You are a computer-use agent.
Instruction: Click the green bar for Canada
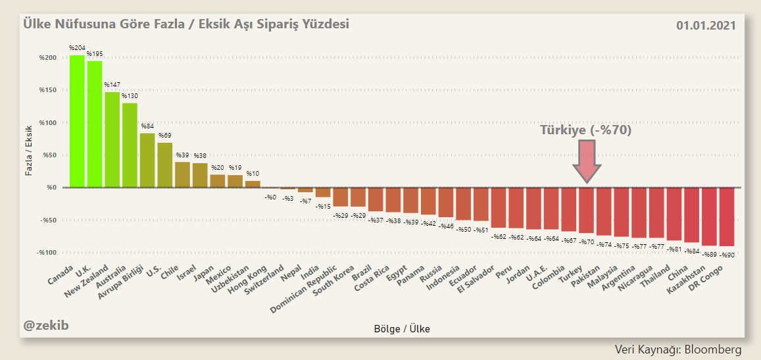point(77,121)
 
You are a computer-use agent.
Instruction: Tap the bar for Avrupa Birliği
point(147,160)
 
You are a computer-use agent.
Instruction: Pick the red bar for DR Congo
point(727,217)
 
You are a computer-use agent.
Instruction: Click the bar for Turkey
point(586,210)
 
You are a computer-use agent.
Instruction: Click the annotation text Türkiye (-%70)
point(586,130)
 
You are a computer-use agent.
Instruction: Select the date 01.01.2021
point(706,26)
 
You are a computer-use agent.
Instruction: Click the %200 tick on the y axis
point(47,58)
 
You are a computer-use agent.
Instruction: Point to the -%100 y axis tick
point(45,253)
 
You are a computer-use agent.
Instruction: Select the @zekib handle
point(46,324)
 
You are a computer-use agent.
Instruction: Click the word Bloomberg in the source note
point(713,349)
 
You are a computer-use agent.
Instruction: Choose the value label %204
point(77,48)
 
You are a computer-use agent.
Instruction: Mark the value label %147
point(112,85)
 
